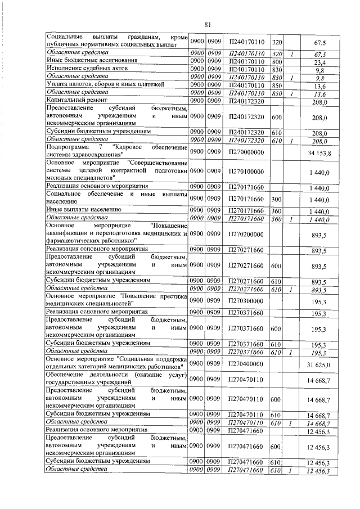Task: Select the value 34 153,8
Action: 319,152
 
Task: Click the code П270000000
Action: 244,152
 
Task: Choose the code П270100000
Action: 244,172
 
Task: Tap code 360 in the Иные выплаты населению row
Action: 276,209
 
